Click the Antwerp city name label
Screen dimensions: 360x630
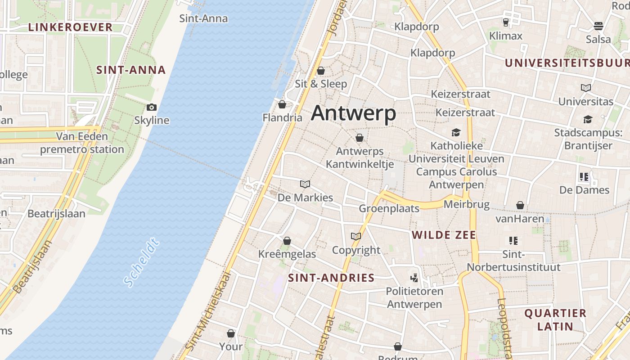tap(353, 113)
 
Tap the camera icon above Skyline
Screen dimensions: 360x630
tap(152, 107)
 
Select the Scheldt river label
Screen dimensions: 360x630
tap(141, 263)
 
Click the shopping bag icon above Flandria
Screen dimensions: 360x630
tap(282, 104)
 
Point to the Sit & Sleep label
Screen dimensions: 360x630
tap(321, 84)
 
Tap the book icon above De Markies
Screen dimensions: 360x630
tap(305, 184)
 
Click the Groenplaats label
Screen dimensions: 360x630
tap(389, 208)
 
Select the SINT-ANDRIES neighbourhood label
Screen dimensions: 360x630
tap(331, 278)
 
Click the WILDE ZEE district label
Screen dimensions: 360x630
tap(444, 235)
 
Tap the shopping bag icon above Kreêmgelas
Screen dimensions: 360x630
tap(287, 241)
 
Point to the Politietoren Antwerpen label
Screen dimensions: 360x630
tap(414, 297)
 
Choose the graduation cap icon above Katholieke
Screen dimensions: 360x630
tap(456, 132)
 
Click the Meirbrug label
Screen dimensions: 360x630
tap(466, 205)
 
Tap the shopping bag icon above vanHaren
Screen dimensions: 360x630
tap(520, 205)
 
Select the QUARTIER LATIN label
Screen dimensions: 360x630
tap(555, 319)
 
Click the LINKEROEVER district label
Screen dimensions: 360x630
tap(70, 27)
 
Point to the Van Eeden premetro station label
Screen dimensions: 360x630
tap(82, 143)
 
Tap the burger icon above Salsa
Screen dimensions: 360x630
tap(598, 26)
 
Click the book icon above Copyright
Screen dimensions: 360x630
tap(356, 236)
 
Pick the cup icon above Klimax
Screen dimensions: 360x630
tap(505, 22)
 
